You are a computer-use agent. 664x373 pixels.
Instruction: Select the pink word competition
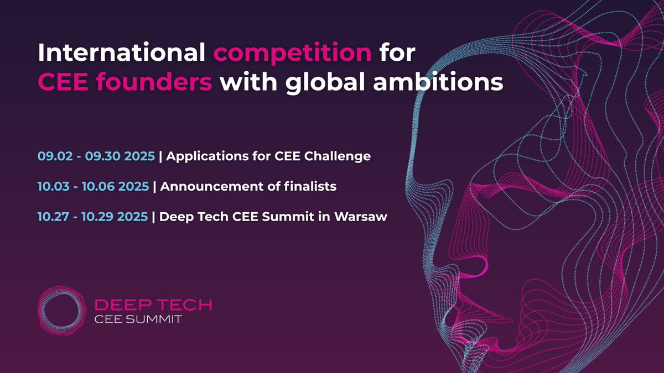click(293, 54)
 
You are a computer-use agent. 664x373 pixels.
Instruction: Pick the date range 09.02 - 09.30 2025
click(96, 156)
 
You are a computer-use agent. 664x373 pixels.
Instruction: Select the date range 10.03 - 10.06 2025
click(94, 187)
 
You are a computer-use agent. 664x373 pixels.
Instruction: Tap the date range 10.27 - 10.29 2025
click(93, 217)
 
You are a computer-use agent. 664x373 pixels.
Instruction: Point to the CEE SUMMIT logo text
click(138, 320)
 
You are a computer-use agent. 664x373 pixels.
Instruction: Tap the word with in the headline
click(244, 82)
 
